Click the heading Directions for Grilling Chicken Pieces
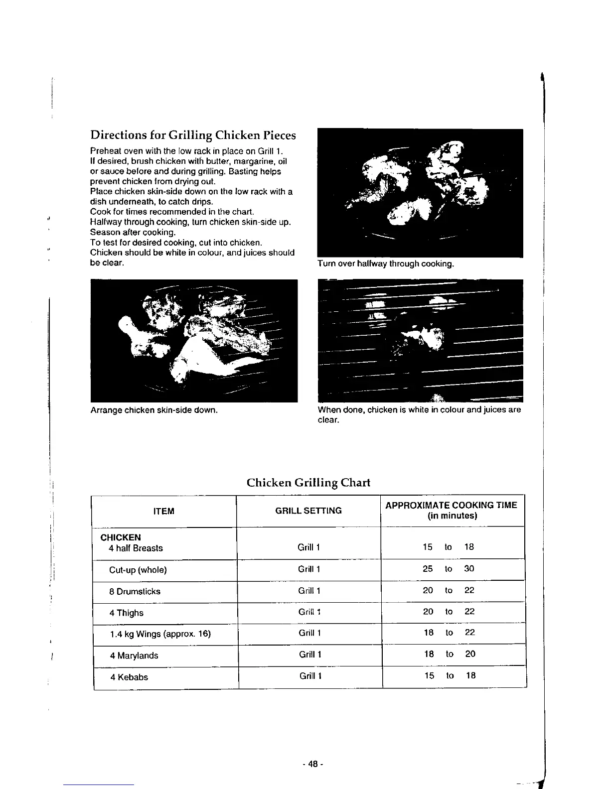click(193, 135)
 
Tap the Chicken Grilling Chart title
click(308, 483)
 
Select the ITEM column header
click(164, 512)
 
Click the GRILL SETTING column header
click(308, 511)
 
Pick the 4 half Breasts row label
click(136, 548)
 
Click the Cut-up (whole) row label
click(138, 570)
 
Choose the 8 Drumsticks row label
click(135, 592)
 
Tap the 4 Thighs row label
click(127, 613)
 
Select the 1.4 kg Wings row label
click(160, 634)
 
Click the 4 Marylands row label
click(134, 656)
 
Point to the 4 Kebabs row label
click(129, 677)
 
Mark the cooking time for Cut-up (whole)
click(449, 569)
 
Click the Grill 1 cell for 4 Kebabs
click(310, 676)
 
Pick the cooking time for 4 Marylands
click(450, 654)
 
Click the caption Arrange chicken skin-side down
click(154, 410)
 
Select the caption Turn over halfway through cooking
click(386, 263)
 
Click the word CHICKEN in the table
click(121, 537)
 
